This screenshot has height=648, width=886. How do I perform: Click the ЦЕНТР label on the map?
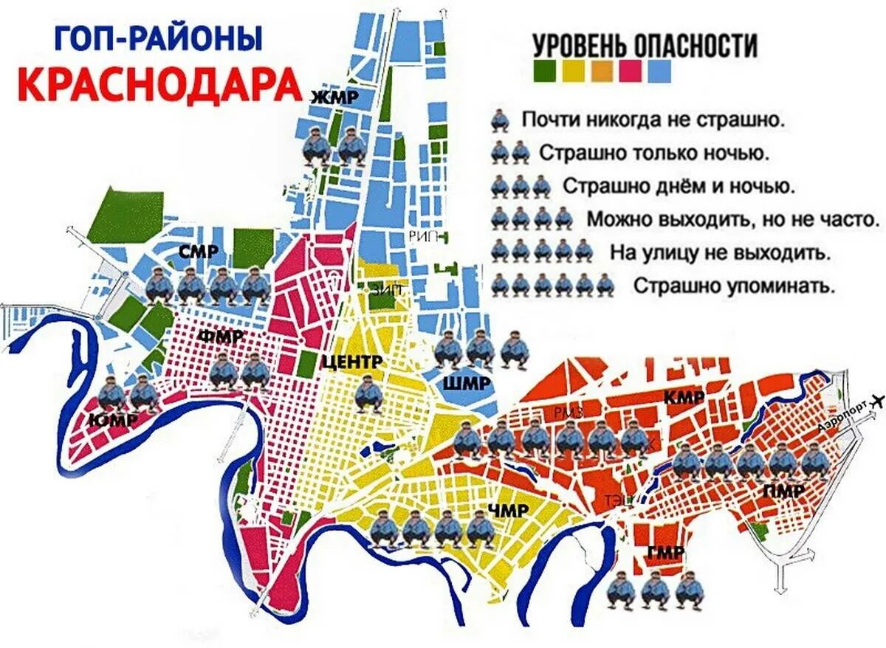[x=351, y=362]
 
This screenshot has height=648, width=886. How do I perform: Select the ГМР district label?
[x=663, y=554]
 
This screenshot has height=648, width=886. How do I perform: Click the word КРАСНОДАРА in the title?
[x=159, y=84]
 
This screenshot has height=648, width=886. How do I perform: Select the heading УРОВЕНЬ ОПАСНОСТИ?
[x=645, y=46]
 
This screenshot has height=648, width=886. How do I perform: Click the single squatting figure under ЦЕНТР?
[x=368, y=393]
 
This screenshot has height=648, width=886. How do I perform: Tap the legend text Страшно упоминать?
[x=733, y=285]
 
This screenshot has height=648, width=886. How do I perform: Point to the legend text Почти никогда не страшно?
[x=652, y=120]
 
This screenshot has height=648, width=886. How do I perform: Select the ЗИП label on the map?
[x=387, y=290]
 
